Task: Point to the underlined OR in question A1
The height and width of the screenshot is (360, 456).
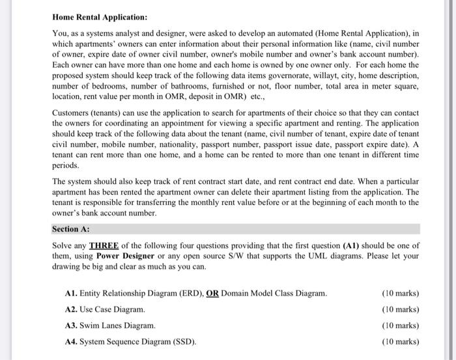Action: point(212,294)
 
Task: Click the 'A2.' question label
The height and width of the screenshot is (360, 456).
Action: point(72,309)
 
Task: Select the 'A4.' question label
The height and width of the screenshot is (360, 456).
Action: point(72,341)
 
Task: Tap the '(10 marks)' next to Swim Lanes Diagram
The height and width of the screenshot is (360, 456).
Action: point(400,325)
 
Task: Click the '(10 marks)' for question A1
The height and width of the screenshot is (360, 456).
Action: point(400,294)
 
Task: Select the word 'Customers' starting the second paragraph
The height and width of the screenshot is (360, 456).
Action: point(70,113)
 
